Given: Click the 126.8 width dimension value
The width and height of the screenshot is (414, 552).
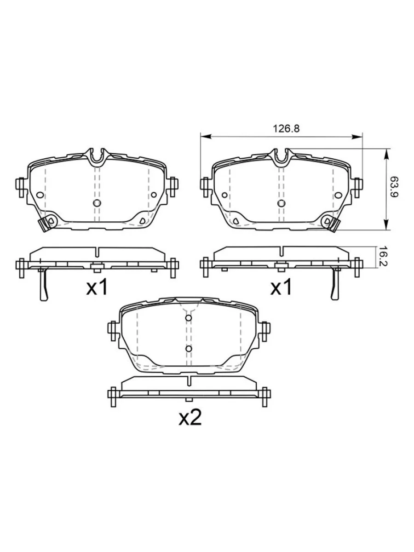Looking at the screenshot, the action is coord(286,129).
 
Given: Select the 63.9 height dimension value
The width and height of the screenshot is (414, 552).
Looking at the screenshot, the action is coord(394,187).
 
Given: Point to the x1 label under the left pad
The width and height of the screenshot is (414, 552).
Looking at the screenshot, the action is coord(97,287).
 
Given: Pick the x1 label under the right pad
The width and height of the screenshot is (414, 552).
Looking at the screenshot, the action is coord(281,287).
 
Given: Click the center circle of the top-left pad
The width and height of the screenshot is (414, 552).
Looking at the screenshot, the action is coord(97,203).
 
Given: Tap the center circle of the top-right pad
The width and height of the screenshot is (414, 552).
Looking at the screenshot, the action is coord(281,203).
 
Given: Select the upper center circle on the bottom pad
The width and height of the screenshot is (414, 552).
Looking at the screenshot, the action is coord(189,318).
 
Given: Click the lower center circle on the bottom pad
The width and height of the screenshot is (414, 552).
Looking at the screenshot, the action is coord(189,349).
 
